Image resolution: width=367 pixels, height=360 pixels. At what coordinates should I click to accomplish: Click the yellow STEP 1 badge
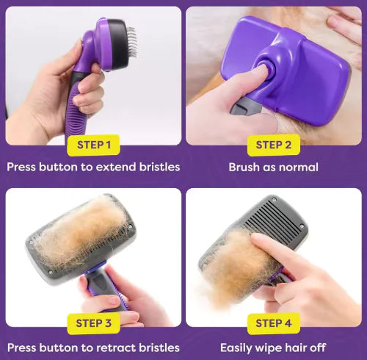coord(93,145)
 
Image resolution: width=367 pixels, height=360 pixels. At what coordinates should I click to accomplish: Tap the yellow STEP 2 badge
coord(273,145)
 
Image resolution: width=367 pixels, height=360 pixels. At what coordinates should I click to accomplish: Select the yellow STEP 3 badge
coord(93,323)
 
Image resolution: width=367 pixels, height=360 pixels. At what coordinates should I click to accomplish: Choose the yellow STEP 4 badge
coord(273,323)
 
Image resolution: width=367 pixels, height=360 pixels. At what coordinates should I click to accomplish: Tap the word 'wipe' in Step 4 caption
coord(275,347)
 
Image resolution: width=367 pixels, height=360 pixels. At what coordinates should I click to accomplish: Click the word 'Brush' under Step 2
coord(244,167)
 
